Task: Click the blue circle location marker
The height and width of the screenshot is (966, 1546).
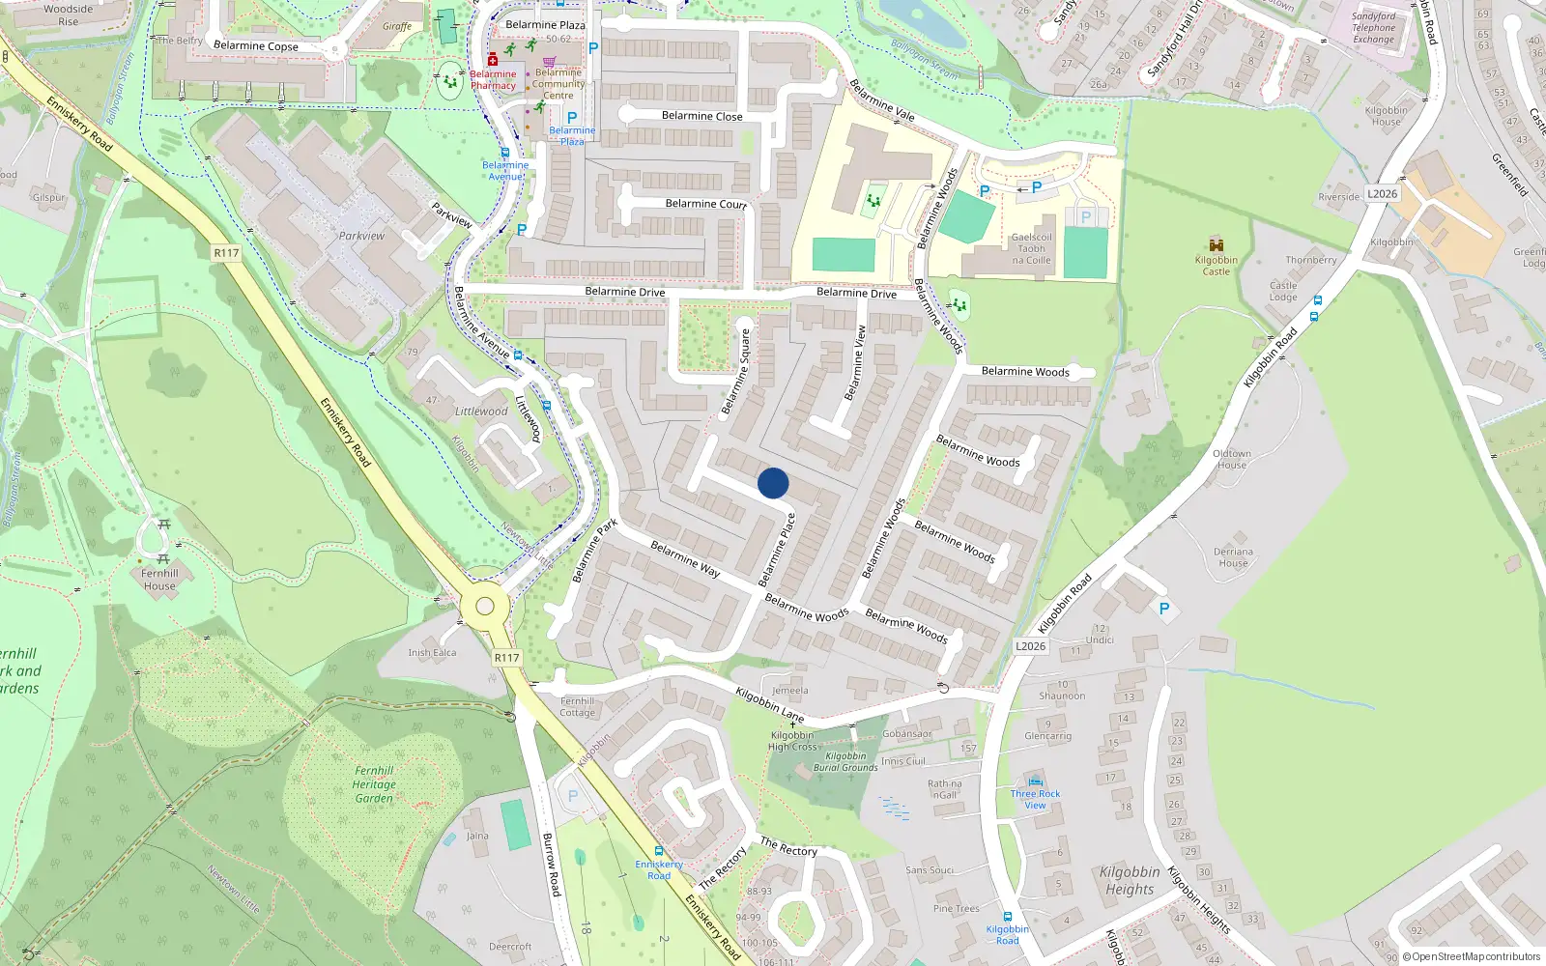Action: (773, 483)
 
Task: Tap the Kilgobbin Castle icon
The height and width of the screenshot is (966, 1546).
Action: (1216, 245)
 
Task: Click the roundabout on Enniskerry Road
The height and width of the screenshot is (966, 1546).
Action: (485, 607)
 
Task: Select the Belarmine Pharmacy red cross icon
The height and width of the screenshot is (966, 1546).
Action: (493, 60)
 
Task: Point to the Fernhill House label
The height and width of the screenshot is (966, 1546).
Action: (159, 580)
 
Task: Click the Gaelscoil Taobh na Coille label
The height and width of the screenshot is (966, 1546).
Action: (1031, 248)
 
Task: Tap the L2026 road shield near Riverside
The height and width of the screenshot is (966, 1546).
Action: (1382, 194)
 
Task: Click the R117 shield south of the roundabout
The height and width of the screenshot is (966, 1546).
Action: (506, 658)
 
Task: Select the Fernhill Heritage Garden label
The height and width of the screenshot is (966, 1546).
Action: (374, 784)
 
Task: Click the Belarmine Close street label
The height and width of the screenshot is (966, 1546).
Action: (701, 116)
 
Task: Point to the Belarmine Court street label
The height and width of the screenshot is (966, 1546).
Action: (705, 204)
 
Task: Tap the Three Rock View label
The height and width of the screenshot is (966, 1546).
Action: (1035, 799)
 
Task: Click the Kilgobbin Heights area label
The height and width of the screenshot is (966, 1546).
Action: (1130, 880)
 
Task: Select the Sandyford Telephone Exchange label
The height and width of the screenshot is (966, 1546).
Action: (1373, 28)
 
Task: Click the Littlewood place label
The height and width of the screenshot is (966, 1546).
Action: (481, 412)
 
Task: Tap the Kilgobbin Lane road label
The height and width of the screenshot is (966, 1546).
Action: (769, 705)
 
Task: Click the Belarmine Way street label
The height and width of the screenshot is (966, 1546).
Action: (685, 559)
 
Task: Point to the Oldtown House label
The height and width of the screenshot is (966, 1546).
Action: (1231, 459)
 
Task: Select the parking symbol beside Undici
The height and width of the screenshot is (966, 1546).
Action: (1163, 609)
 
